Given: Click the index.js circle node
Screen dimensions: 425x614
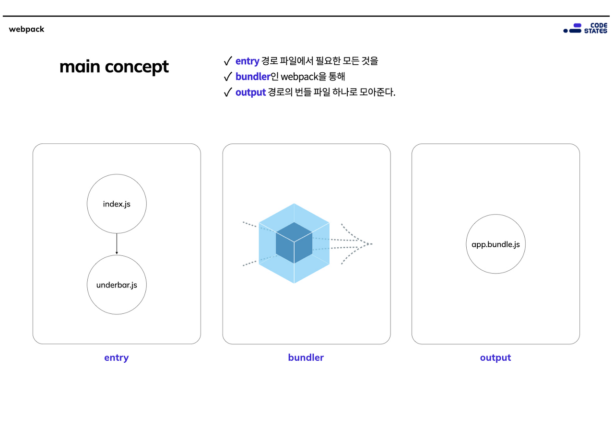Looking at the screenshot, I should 117,204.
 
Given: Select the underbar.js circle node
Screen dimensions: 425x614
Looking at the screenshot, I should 117,285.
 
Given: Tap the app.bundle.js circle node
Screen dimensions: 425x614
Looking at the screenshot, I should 496,244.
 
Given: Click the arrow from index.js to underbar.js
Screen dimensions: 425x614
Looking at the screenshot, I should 117,244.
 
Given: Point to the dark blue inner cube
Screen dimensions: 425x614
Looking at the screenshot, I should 294,242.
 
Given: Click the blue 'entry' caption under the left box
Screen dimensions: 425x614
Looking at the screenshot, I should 117,357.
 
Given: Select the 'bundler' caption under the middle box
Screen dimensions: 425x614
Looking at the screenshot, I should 306,357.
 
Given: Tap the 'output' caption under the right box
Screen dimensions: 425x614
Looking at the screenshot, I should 496,357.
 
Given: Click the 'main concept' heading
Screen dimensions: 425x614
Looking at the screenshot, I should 114,67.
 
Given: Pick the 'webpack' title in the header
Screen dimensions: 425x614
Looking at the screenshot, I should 26,29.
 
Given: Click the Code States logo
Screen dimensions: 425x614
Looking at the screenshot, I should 585,28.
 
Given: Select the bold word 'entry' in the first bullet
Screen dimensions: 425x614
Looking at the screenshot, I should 247,61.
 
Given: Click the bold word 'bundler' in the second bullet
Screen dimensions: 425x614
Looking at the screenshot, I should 253,77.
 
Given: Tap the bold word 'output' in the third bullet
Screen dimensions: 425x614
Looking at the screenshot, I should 250,92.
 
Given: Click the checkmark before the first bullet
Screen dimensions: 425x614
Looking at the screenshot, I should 228,61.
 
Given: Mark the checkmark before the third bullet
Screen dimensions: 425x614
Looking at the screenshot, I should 228,92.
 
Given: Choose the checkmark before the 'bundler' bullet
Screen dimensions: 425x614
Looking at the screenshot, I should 228,77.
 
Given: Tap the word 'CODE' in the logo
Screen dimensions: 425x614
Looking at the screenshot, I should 598,25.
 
